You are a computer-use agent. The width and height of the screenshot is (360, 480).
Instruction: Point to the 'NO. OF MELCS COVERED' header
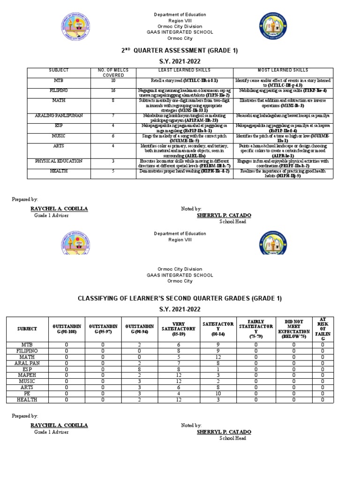(x=113, y=73)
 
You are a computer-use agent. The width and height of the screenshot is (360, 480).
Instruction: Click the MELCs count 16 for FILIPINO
(x=113, y=90)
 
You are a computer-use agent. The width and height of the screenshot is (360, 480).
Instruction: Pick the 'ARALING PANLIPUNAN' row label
(x=59, y=115)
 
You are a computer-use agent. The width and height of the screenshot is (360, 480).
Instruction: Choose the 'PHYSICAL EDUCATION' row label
(x=59, y=161)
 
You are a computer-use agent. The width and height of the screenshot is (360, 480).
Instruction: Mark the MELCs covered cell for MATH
(x=113, y=100)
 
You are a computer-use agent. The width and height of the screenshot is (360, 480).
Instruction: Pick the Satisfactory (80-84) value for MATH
(x=217, y=357)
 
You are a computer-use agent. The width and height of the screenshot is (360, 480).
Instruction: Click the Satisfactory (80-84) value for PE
(x=217, y=393)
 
